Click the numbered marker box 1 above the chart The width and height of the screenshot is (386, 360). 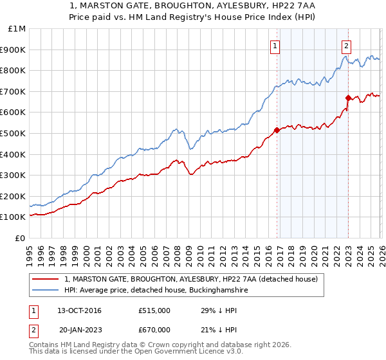click(275, 46)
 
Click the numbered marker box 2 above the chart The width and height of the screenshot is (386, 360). click(346, 46)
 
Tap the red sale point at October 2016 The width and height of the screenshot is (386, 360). click(277, 130)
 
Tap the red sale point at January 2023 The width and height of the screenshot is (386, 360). click(348, 98)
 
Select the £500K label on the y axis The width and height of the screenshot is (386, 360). click(14, 133)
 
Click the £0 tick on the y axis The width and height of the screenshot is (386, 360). click(21, 238)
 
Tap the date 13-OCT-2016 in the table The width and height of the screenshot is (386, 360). click(79, 310)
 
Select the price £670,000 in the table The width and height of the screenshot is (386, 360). click(154, 330)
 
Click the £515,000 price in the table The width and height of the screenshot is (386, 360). click(154, 310)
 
